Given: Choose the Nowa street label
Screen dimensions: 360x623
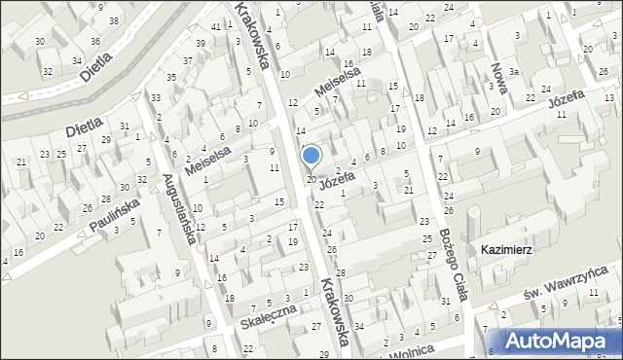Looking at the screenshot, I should point(502,73).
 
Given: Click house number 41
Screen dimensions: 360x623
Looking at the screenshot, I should point(215,25).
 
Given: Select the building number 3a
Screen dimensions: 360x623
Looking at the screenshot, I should point(513,72).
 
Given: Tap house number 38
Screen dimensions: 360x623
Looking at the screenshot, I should point(115,20).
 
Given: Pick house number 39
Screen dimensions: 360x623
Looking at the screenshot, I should point(200,44).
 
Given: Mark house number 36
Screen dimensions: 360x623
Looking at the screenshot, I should point(95,41).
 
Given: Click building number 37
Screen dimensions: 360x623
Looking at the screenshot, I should point(189,60).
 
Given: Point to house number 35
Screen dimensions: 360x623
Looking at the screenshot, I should point(171,77).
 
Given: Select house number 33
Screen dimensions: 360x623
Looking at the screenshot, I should point(156,97).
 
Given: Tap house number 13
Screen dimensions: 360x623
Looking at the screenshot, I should point(607,98).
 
